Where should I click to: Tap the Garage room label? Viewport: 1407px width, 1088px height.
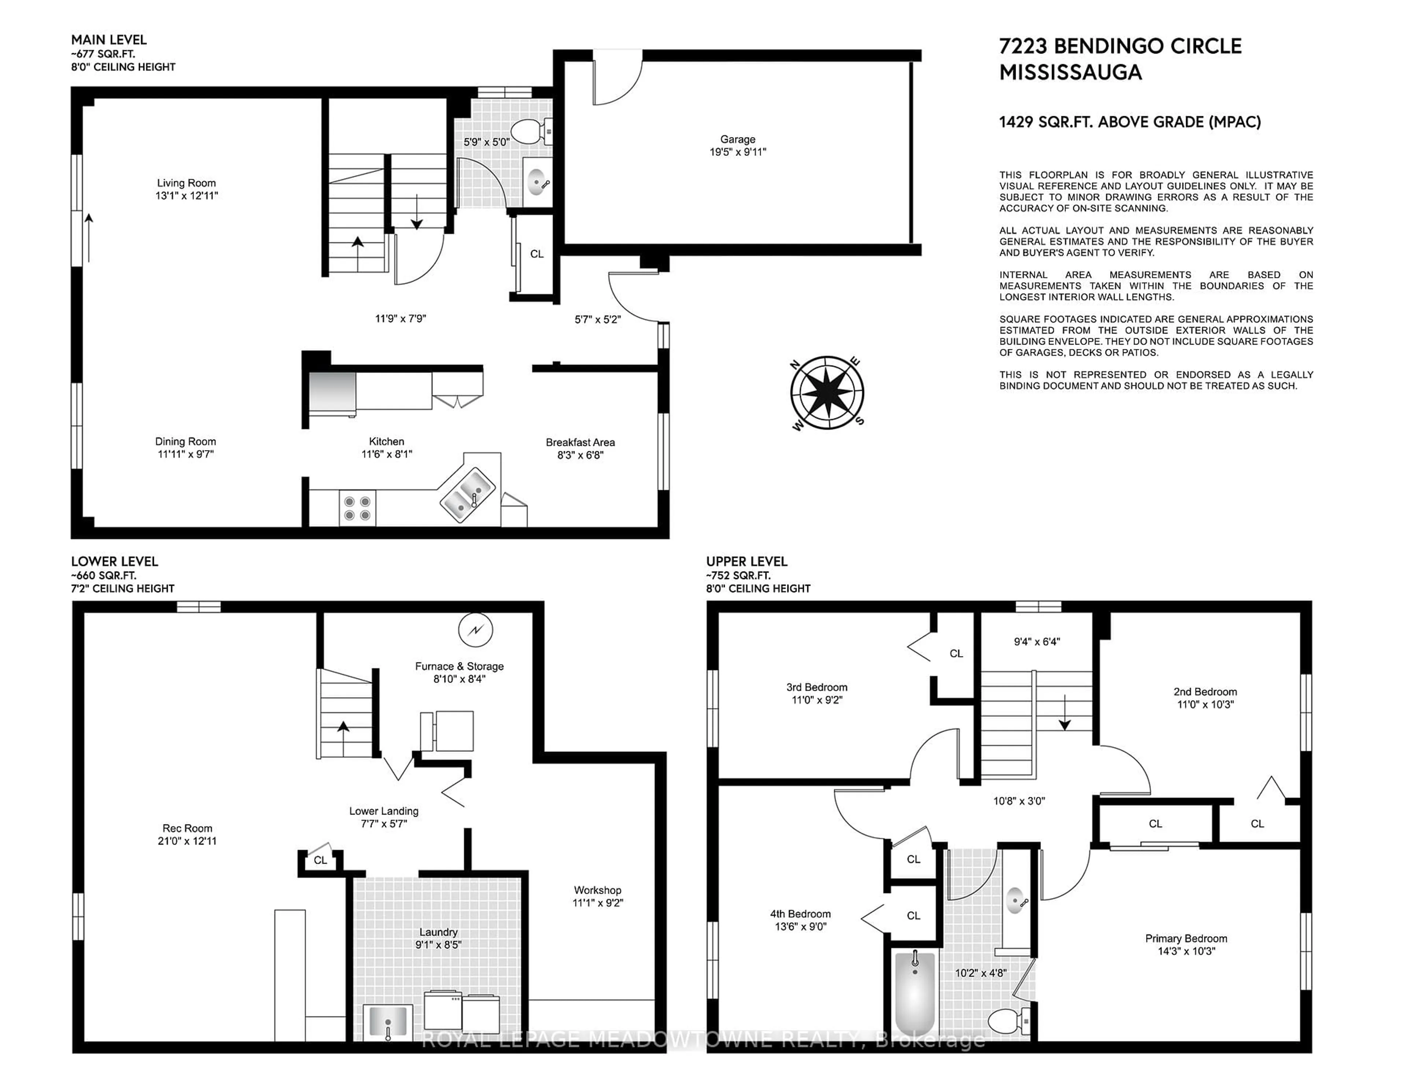738,139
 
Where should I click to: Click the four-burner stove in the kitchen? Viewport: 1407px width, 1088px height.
357,508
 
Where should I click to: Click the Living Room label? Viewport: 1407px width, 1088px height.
186,183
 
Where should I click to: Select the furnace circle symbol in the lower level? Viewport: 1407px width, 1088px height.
476,631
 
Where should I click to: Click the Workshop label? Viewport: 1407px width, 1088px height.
598,890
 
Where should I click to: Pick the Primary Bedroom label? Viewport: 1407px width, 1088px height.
1186,938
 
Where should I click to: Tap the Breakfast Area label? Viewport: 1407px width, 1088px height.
580,442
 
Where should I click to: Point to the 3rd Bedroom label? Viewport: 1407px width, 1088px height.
817,687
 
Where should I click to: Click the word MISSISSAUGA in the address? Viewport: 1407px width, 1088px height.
1071,72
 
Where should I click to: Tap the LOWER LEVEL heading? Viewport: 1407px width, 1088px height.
115,561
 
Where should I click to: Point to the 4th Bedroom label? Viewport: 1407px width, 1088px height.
800,914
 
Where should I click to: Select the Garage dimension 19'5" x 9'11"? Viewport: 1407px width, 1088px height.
738,152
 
